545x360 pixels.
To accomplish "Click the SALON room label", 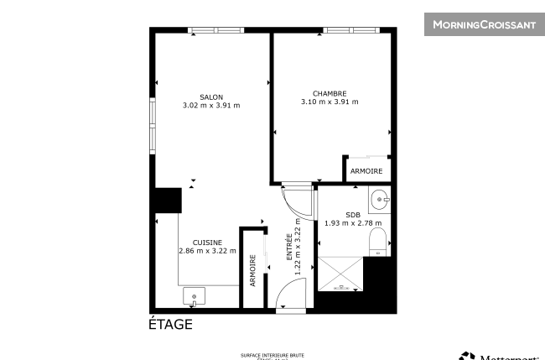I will [210, 97].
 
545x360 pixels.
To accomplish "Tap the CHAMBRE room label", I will [330, 93].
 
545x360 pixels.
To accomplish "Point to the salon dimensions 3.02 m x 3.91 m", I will [210, 106].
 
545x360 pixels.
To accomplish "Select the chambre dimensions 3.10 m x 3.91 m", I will [330, 102].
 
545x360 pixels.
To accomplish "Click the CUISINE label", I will [207, 242].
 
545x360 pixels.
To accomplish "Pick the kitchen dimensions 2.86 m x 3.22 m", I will [207, 251].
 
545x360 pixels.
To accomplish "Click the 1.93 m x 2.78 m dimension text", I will [353, 222].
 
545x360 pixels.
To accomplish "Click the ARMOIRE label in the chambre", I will [366, 171].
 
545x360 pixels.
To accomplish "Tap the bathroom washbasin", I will [381, 199].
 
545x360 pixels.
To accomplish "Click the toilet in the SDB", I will [378, 242].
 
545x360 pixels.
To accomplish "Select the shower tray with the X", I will [340, 273].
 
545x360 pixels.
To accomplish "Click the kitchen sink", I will [195, 296].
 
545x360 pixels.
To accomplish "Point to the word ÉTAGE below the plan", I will [170, 325].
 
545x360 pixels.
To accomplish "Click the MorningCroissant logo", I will [484, 24].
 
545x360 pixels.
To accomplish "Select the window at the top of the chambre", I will [348, 30].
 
